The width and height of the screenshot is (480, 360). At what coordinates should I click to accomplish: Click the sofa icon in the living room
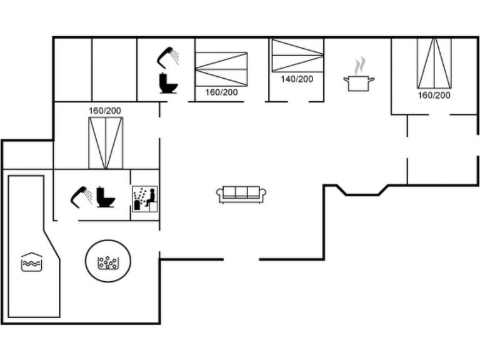pos(241,194)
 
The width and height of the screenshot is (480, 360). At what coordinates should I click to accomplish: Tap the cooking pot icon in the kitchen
pos(359,82)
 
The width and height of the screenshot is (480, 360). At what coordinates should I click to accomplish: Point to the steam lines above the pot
pos(359,65)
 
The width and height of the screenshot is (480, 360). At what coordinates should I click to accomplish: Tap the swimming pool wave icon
pos(31,262)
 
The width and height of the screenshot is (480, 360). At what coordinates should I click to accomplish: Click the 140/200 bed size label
pos(297,79)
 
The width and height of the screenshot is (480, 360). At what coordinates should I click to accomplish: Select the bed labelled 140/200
pos(297,56)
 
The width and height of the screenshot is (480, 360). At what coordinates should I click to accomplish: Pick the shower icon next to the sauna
pos(81,197)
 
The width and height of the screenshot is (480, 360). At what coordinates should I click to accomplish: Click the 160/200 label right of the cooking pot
pos(434,96)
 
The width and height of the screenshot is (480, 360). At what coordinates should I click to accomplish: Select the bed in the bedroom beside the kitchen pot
pos(434,63)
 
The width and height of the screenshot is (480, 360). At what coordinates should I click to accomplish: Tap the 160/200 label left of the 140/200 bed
pos(221,92)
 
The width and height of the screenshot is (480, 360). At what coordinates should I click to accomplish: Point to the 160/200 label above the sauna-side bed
pos(105,111)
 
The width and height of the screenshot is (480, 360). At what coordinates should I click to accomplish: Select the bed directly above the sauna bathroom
pos(106,142)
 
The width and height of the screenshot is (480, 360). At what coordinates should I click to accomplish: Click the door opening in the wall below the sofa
pos(241,259)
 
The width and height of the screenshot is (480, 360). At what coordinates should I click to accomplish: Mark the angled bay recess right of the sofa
pos(362,189)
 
